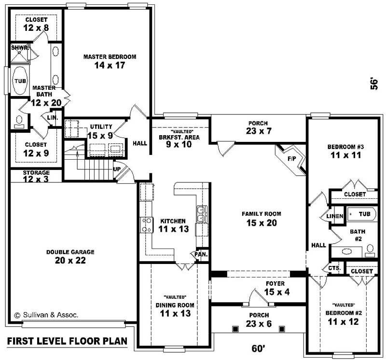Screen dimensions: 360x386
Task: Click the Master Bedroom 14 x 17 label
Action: pos(110,61)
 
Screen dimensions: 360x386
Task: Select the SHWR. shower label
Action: pos(20,48)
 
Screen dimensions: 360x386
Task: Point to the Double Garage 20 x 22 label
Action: pos(70,256)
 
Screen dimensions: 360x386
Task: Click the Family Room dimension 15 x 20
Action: pos(262,223)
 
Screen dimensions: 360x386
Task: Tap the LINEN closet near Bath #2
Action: pos(334,216)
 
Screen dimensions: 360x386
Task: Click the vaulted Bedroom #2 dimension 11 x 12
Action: pos(344,321)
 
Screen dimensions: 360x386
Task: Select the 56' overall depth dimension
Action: pos(373,83)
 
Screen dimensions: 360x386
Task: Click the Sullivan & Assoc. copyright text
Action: pos(46,315)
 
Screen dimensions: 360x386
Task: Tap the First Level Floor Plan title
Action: pos(67,341)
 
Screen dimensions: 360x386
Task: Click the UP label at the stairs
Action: pos(117,170)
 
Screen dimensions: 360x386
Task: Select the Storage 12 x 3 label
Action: pos(36,176)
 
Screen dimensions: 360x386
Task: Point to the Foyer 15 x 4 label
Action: pos(275,288)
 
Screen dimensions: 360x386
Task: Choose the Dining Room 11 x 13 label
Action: pos(175,309)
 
